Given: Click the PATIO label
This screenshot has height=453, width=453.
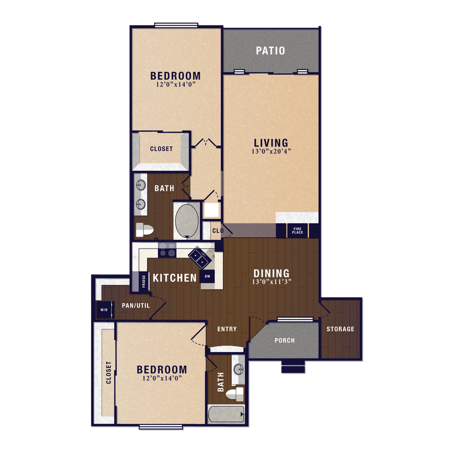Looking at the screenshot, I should [x=270, y=51].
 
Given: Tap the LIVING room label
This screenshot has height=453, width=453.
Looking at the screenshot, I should [x=271, y=143].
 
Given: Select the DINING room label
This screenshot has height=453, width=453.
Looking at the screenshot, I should [x=272, y=273].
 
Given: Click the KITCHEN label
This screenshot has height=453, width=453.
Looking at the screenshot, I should [x=175, y=278].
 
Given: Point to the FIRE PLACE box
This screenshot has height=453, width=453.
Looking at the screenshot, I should [x=297, y=231].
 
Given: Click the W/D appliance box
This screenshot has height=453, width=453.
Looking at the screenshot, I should [x=103, y=310].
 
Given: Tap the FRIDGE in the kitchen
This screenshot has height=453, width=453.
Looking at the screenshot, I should [x=144, y=281].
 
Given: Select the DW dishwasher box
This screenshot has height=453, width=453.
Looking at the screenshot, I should [x=207, y=277].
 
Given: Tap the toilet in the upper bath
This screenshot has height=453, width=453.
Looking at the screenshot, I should [x=144, y=230].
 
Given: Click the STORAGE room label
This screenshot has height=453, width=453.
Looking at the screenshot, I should [x=341, y=329].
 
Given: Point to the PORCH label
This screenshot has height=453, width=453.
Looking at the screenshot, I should [x=284, y=340].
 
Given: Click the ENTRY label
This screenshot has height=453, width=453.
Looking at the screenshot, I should [x=227, y=329].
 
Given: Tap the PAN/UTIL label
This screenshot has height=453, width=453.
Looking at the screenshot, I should [x=136, y=306].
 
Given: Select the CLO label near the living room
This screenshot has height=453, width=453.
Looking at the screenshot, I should [x=217, y=231].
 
